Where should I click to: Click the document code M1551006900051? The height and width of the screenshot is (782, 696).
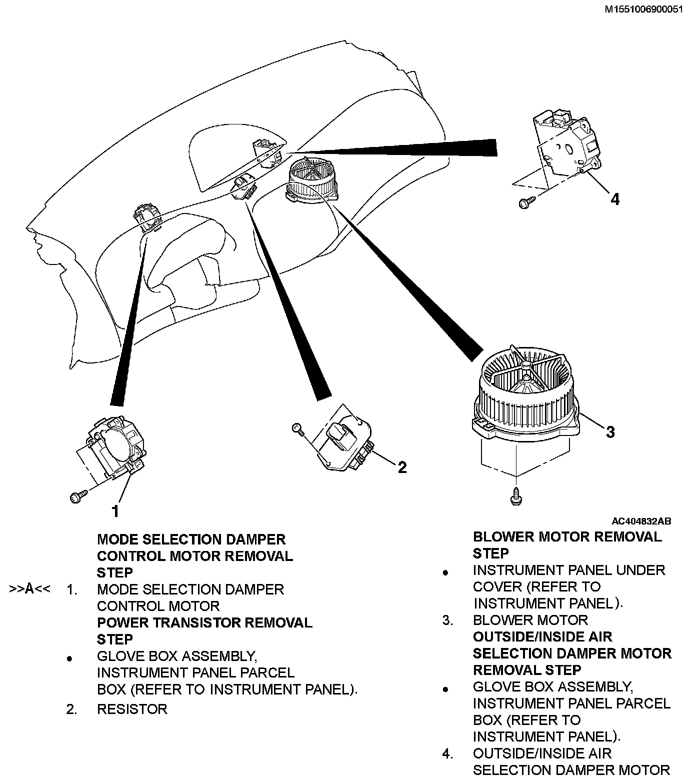click(x=643, y=8)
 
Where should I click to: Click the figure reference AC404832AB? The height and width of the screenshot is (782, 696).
click(x=641, y=521)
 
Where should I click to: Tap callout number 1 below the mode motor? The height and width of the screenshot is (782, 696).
click(x=115, y=511)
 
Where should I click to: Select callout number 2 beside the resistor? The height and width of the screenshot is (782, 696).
click(x=401, y=467)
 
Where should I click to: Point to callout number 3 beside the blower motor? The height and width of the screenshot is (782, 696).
click(x=610, y=432)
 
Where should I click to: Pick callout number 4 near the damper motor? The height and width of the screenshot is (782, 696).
click(x=615, y=199)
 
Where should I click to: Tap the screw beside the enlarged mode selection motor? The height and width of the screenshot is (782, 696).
click(x=78, y=496)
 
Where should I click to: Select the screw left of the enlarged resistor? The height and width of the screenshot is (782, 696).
click(x=297, y=428)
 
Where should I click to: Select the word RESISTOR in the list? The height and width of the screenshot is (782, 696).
click(x=132, y=709)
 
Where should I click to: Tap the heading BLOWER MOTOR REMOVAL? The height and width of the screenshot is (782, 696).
click(x=567, y=537)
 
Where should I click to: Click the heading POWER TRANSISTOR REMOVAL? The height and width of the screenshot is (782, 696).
click(x=204, y=622)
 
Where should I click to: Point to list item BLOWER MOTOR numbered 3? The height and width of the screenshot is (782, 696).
click(x=530, y=620)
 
